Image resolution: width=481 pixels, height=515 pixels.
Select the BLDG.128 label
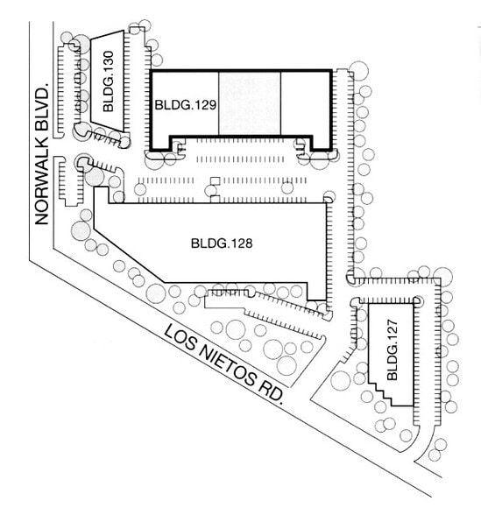pyautogui.click(x=221, y=243)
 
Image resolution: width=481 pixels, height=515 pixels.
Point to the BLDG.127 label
pyautogui.click(x=392, y=360)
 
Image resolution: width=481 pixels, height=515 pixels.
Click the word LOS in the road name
pyautogui.click(x=179, y=337)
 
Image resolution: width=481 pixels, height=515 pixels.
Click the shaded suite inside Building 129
pyautogui.click(x=249, y=103)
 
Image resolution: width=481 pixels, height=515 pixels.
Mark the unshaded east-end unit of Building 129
pyautogui.click(x=305, y=103)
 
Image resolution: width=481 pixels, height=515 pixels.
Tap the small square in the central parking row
pyautogui.click(x=213, y=182)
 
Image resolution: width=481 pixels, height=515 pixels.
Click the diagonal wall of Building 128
pyautogui.click(x=131, y=257)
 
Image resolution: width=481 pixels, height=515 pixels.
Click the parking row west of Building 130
pyautogui.click(x=61, y=88)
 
